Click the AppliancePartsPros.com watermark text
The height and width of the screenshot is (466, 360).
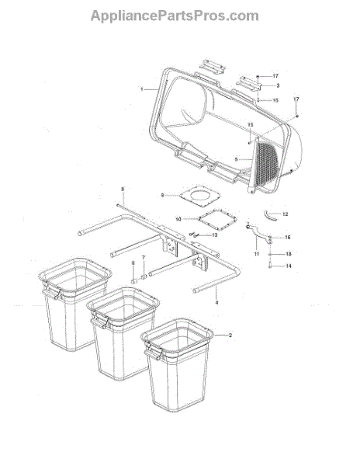[x=175, y=16]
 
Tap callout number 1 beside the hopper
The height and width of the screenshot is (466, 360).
[x=142, y=89]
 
